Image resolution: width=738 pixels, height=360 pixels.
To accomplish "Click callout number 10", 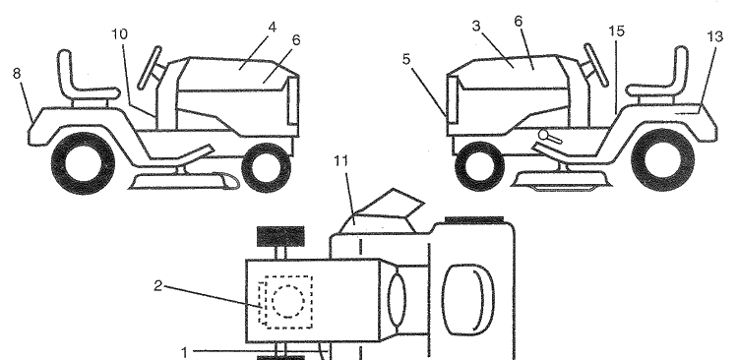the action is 119,34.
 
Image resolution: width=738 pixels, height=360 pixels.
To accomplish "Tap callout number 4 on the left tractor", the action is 272,28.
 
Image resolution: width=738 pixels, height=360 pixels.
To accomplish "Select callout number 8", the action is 17,74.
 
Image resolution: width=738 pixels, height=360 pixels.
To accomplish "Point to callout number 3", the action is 476,27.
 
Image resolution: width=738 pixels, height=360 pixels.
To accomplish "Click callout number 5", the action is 406,59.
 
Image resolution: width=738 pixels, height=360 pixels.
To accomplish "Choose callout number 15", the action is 616,31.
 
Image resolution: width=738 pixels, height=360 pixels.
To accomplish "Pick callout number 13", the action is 714,36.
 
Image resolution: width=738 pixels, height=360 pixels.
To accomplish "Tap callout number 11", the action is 341,161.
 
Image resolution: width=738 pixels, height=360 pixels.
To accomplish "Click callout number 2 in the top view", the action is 158,285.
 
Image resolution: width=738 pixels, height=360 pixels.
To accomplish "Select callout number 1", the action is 185,352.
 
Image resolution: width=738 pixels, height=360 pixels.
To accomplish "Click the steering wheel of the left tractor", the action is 151,68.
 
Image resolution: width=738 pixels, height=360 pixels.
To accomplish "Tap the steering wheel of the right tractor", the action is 595,66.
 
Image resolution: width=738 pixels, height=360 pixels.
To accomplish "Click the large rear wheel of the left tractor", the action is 83,163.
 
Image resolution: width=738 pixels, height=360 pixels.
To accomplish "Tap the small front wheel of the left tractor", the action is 266,167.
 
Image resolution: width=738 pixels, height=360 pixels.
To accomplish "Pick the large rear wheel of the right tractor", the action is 662,159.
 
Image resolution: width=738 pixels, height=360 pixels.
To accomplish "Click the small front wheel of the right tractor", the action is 480,166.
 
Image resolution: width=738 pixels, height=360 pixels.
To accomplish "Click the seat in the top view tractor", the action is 468,299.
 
